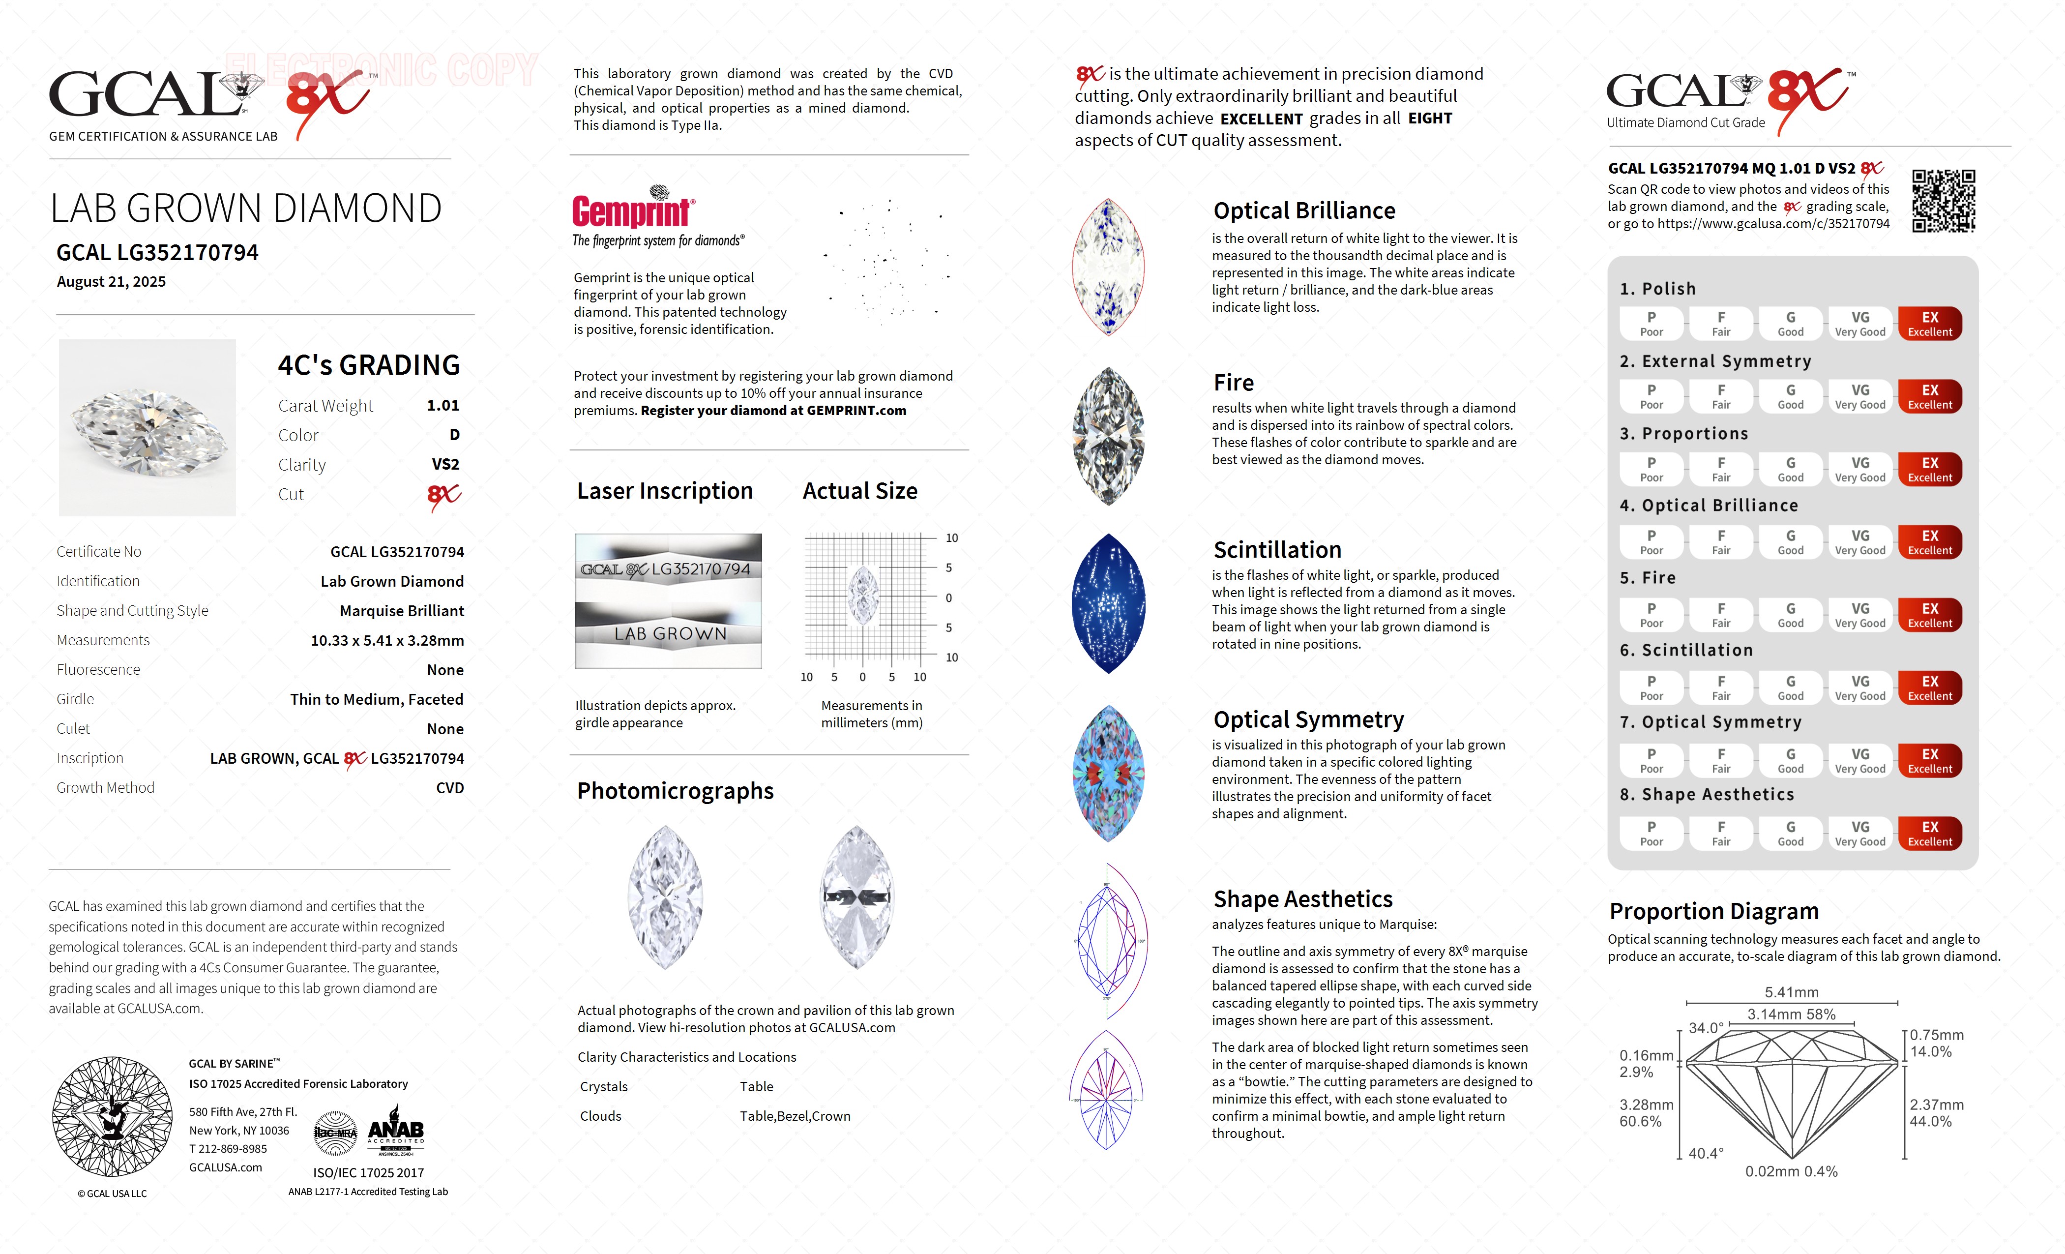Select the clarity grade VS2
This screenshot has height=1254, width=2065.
[445, 464]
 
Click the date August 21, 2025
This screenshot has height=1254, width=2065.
[112, 282]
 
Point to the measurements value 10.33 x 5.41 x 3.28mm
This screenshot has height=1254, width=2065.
[387, 640]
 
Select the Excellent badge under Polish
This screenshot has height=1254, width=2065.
[1929, 324]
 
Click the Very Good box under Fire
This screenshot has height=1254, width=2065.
[1859, 614]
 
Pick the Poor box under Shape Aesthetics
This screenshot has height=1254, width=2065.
[1651, 833]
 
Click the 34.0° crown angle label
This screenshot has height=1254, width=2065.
[1706, 1028]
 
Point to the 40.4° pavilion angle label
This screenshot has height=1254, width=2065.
[1706, 1153]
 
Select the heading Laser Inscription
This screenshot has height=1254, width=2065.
[665, 491]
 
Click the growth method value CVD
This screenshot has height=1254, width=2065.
[449, 788]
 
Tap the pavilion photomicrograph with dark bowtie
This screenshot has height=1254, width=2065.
[856, 897]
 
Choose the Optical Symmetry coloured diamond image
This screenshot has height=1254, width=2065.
[1108, 773]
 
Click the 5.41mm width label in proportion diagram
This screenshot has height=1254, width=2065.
[1791, 992]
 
